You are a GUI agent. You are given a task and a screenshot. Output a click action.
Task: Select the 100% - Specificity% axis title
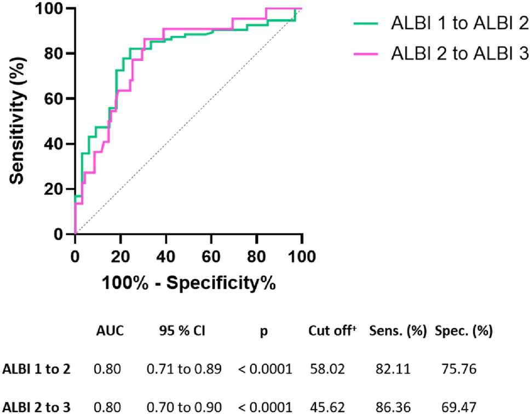coord(187,283)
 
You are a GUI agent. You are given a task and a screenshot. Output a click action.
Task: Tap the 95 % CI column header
coord(183,331)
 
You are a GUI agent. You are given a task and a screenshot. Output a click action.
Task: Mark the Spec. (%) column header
coord(463,331)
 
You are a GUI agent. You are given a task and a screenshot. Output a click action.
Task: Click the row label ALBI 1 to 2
coord(36,369)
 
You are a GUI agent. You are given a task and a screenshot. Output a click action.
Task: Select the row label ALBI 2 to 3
coord(36,407)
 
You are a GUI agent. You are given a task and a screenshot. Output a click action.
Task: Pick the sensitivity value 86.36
coord(397,407)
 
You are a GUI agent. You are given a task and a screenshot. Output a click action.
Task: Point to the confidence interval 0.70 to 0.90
coord(183,407)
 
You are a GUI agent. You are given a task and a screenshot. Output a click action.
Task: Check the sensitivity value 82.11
coord(397,369)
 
